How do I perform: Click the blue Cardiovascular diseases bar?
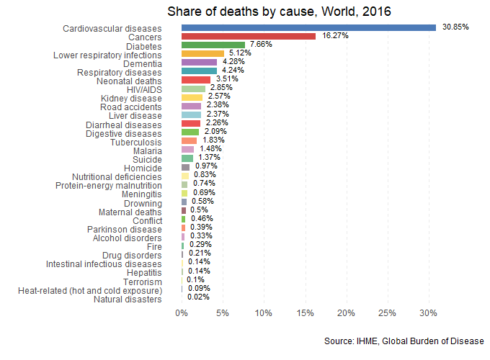tap(308, 27)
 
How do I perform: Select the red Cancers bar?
tap(249, 36)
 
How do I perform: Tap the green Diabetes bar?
tap(213, 45)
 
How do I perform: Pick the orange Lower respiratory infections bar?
tap(202, 54)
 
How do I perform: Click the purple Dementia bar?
tap(199, 63)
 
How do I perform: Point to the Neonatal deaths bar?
tap(196, 80)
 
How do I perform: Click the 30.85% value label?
tap(455, 27)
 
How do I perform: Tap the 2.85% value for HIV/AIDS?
tap(220, 88)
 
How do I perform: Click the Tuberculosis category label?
tap(135, 143)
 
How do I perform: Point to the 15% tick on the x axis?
tap(305, 313)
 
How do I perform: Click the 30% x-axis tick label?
tap(429, 313)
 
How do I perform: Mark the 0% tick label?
tap(182, 313)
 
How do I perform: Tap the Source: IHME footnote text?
tap(404, 341)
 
